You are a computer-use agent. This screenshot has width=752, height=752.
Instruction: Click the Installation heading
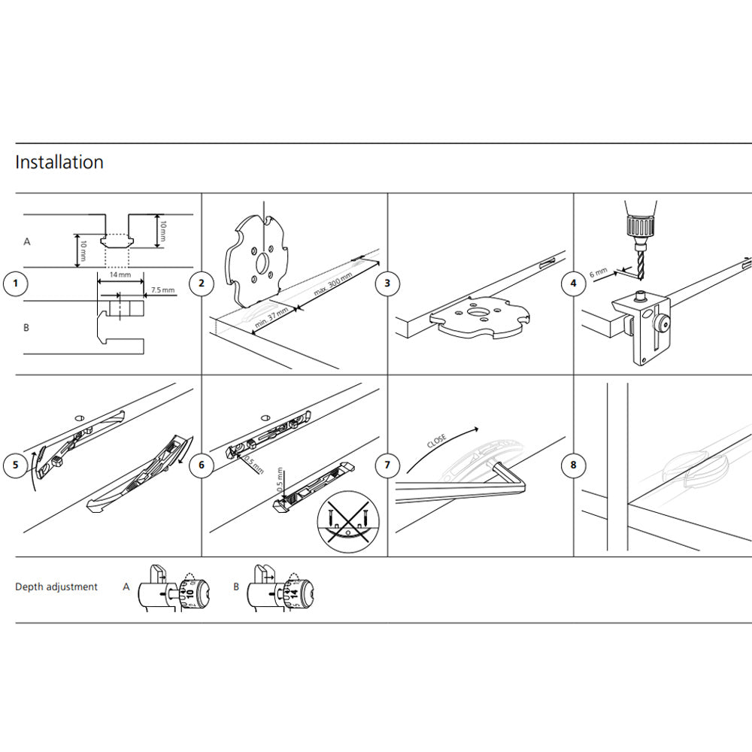[59, 162]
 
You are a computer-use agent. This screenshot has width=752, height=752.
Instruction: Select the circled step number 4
[573, 284]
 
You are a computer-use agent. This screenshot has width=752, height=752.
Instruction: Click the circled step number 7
[387, 465]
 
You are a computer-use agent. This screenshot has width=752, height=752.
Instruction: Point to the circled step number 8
[573, 465]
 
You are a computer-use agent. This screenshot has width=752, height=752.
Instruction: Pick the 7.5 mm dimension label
[162, 290]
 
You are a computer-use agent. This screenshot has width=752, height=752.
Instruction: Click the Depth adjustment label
[56, 587]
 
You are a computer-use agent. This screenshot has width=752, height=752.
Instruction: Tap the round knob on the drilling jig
[661, 325]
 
